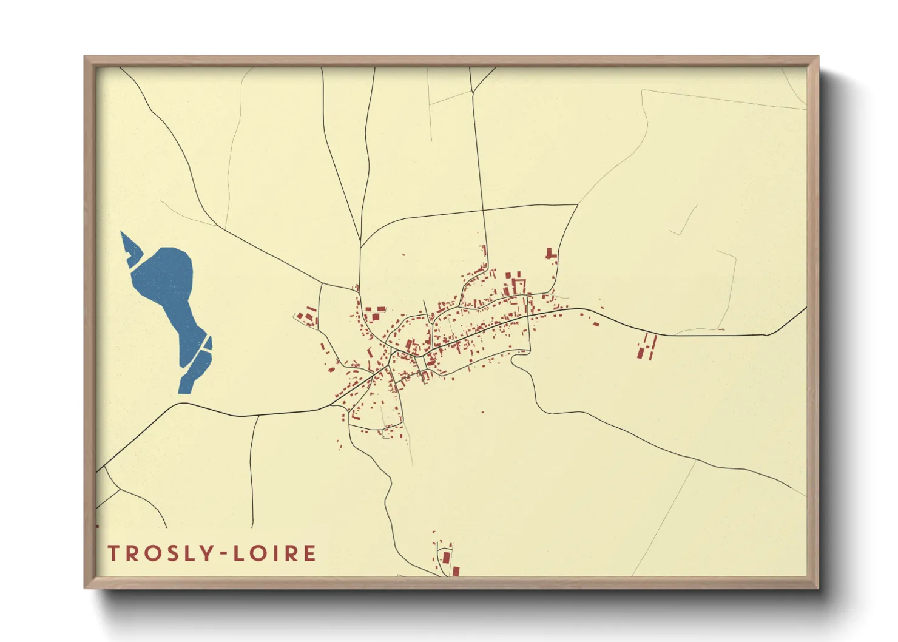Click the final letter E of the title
310,553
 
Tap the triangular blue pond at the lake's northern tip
129,245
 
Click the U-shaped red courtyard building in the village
519,285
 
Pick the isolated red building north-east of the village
550,254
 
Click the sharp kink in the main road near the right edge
767,334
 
